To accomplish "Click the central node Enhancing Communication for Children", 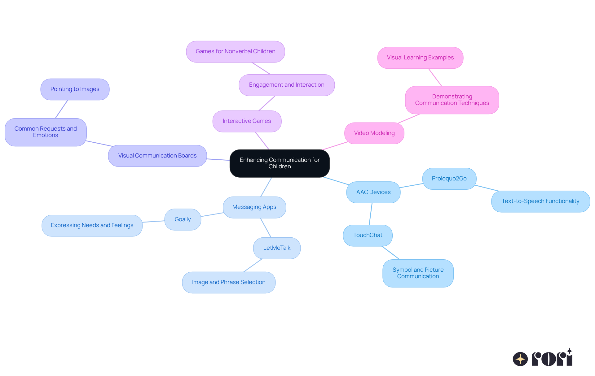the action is pyautogui.click(x=280, y=163).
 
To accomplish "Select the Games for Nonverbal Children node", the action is pyautogui.click(x=236, y=51).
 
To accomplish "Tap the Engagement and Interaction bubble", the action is pyautogui.click(x=287, y=85).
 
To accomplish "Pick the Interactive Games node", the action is pyautogui.click(x=247, y=121).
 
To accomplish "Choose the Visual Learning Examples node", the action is pyautogui.click(x=420, y=58).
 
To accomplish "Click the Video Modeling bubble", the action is pyautogui.click(x=374, y=133).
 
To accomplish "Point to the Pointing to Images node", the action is pyautogui.click(x=75, y=89).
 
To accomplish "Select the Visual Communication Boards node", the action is pyautogui.click(x=157, y=156).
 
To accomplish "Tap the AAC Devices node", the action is pyautogui.click(x=373, y=192).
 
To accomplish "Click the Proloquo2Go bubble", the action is pyautogui.click(x=449, y=179).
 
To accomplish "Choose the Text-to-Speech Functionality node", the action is pyautogui.click(x=540, y=201).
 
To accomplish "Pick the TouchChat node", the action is pyautogui.click(x=368, y=235).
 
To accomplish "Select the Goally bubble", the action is pyautogui.click(x=183, y=219).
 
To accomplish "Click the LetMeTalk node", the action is pyautogui.click(x=277, y=248).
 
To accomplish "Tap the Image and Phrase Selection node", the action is pyautogui.click(x=229, y=282).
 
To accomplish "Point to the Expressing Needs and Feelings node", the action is pyautogui.click(x=92, y=225).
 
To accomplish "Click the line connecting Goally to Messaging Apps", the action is pyautogui.click(x=212, y=214).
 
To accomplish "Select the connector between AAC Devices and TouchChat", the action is pyautogui.click(x=371, y=214).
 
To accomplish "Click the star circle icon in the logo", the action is pyautogui.click(x=520, y=359).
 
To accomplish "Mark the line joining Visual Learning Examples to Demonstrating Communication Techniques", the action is pyautogui.click(x=435, y=77).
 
